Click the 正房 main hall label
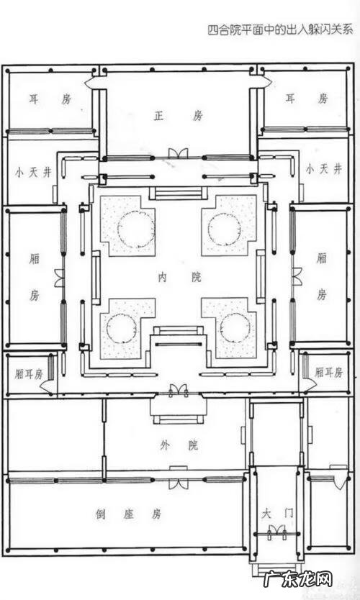coord(178,115)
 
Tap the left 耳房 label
coord(50,99)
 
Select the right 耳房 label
coord(307,99)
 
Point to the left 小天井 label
coord(33,172)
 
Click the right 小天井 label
coord(323,169)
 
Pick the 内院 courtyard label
coord(179,277)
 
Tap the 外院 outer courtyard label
coord(179,445)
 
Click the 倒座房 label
coord(128,514)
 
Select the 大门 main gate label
coord(277,513)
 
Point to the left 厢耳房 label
coord(29,374)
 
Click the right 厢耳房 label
coord(328,372)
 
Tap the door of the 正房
coord(179,153)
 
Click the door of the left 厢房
coord(59,278)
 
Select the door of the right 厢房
coord(297,277)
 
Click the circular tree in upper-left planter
coord(136,230)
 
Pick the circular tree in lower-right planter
coord(235,328)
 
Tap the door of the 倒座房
coord(178,483)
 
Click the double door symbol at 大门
coord(277,531)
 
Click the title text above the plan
coord(280,29)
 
